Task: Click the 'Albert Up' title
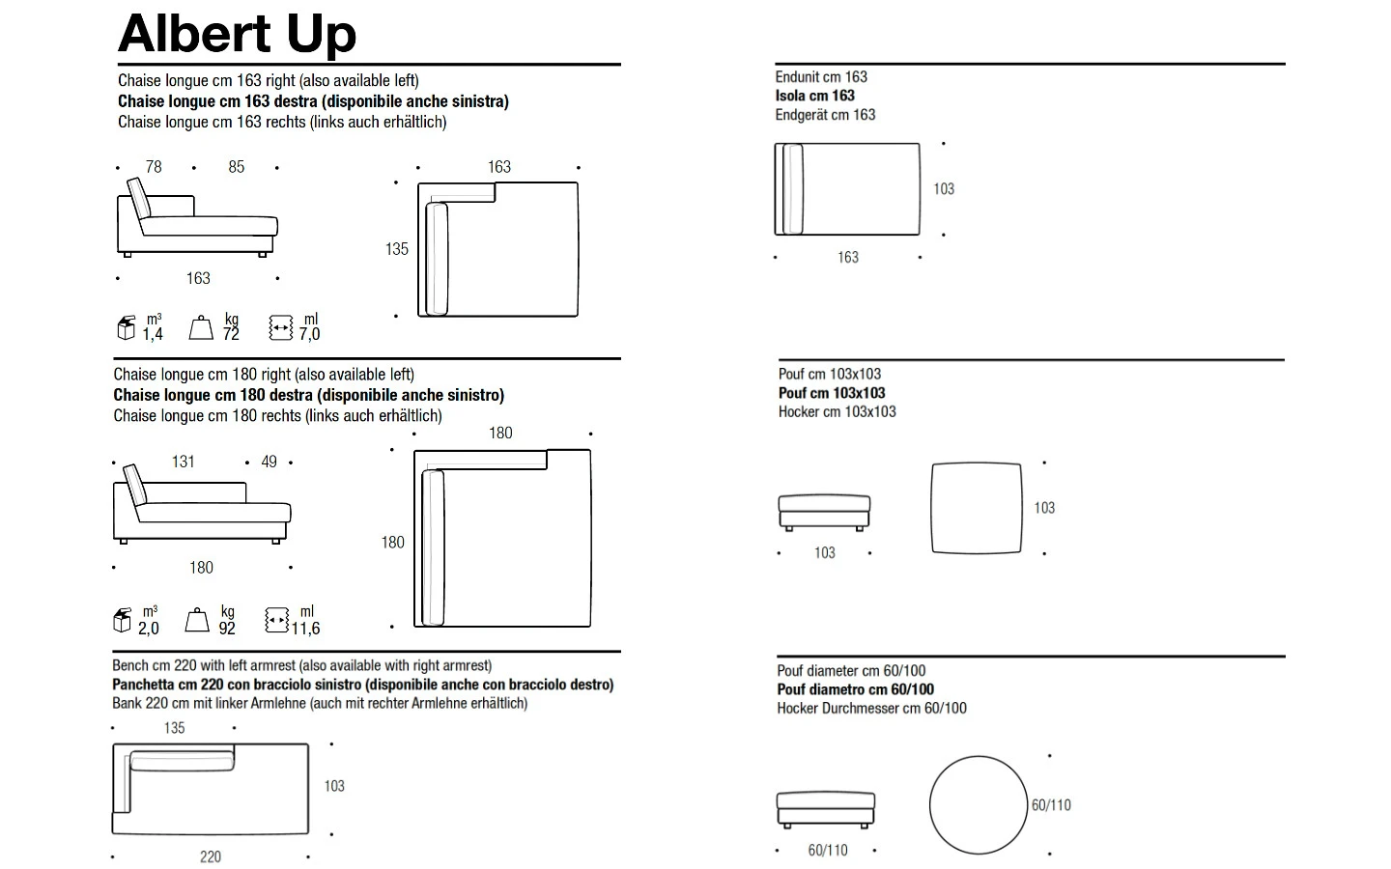point(238,35)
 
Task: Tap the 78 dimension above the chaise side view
point(154,167)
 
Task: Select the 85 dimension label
point(236,167)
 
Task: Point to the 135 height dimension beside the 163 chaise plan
point(397,249)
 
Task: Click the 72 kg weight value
point(231,334)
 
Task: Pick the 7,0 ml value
point(309,334)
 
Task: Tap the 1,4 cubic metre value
point(153,334)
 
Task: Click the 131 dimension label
point(184,462)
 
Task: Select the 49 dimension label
point(269,462)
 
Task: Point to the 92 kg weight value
point(227,629)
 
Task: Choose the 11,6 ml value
point(305,629)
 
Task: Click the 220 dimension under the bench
point(211,857)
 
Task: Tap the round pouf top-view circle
point(978,757)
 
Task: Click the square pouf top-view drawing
point(977,463)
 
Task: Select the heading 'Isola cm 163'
point(814,96)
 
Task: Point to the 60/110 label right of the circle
point(1051,805)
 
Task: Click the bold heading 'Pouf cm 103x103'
point(832,393)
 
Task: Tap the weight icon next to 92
point(197,620)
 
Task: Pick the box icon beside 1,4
point(126,327)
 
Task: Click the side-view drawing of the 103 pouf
point(824,513)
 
